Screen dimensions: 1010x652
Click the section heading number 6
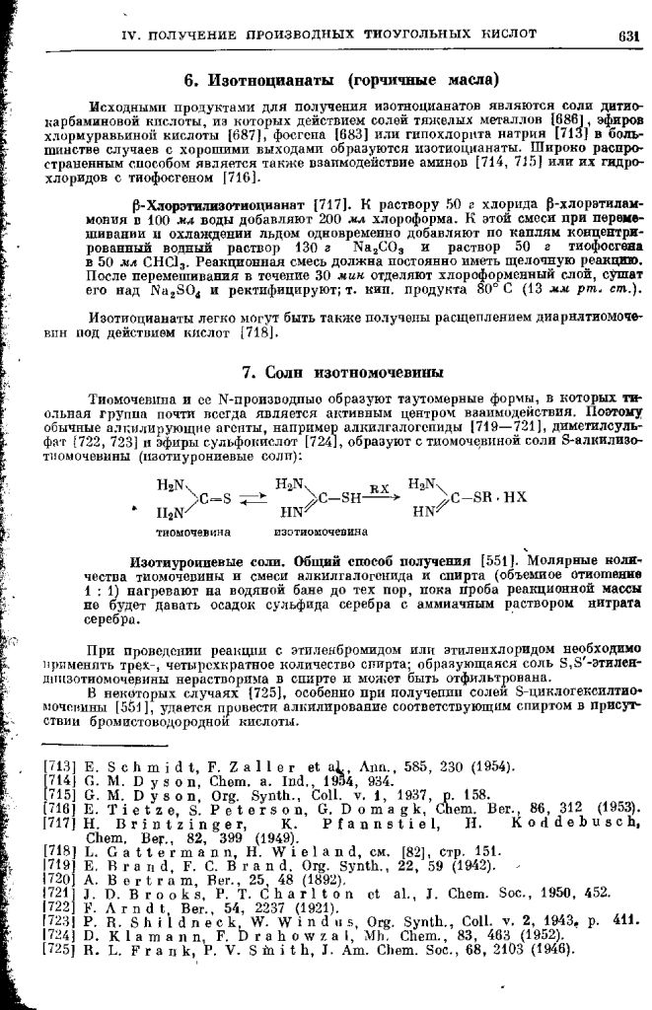(x=189, y=78)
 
